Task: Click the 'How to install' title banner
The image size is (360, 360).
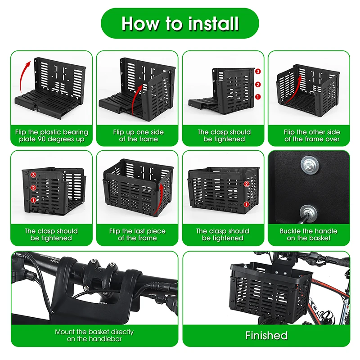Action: coord(180,23)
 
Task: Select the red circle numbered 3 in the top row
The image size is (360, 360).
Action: coord(258,72)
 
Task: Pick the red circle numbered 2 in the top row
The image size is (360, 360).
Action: coord(258,85)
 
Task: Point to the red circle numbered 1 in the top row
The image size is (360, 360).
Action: coord(258,97)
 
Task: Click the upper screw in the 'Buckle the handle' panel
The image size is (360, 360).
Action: coord(310,165)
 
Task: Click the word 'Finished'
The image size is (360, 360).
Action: coord(266,335)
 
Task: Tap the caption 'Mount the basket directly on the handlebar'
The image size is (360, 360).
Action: coord(94,335)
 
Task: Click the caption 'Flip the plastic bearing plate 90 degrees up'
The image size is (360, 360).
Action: coord(52,135)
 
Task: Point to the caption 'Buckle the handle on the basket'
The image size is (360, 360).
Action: coord(309,234)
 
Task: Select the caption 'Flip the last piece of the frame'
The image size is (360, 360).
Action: coord(137,234)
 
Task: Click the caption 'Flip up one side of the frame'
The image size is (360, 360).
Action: coord(138,135)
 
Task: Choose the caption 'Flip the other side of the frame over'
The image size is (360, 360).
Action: coord(312,135)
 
